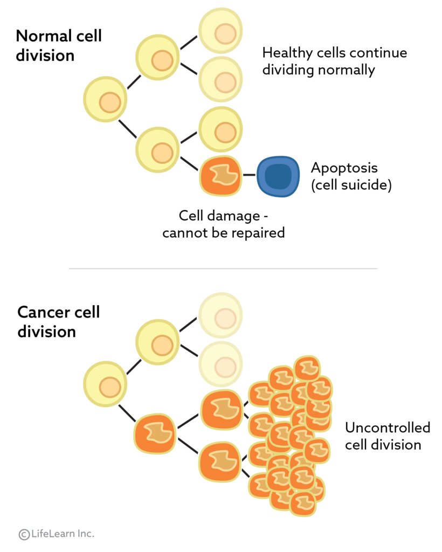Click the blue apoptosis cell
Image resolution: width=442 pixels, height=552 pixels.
[x=278, y=176]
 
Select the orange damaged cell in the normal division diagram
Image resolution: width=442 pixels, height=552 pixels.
[x=220, y=175]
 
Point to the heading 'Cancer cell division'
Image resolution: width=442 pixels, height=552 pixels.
[x=58, y=321]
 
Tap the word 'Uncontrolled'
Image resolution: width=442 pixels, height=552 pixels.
[x=387, y=428]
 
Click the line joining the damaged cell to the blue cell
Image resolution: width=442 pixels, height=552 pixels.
[x=248, y=175]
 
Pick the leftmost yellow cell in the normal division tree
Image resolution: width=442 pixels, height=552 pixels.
[x=105, y=99]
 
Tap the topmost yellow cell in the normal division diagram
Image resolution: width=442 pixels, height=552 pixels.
[x=221, y=31]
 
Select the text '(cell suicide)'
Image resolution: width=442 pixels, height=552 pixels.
[x=351, y=185]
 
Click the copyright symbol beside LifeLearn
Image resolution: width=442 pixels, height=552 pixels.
[x=24, y=534]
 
